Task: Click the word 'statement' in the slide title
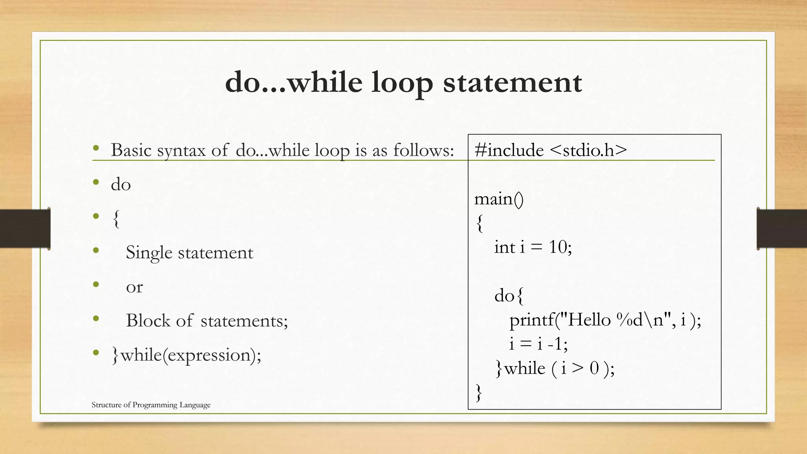(512, 83)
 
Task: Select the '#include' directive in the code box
(509, 150)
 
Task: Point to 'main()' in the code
(498, 199)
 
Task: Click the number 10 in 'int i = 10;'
(558, 247)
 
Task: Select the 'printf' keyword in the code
(532, 320)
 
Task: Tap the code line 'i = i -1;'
(538, 344)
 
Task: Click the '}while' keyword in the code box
(521, 369)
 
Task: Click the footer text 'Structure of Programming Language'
(151, 405)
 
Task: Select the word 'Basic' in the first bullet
(131, 150)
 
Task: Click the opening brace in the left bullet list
(116, 219)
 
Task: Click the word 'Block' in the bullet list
(148, 321)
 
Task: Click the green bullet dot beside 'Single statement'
(96, 250)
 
